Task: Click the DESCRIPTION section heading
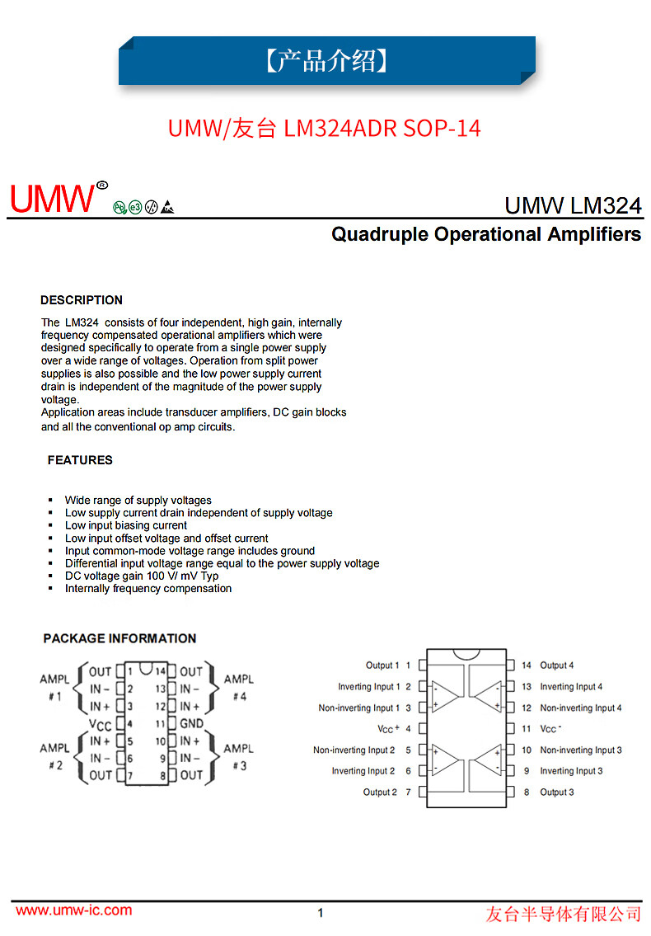[x=82, y=300]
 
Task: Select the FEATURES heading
[x=80, y=460]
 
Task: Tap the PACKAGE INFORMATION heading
[x=119, y=638]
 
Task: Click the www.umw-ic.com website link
[x=74, y=910]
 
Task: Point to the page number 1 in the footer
[x=321, y=912]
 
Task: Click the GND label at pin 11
[x=191, y=723]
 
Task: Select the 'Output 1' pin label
[x=382, y=666]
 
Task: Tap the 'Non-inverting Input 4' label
[x=580, y=708]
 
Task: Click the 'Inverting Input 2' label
[x=363, y=771]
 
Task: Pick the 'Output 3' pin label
[x=556, y=793]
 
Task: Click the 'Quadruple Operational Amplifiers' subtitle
[x=486, y=234]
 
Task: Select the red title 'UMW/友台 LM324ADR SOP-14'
[x=325, y=129]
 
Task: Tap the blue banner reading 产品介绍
[x=327, y=60]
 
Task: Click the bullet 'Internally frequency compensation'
[x=148, y=589]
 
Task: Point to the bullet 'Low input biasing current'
[x=126, y=525]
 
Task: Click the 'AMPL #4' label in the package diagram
[x=239, y=687]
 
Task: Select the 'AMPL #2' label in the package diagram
[x=54, y=756]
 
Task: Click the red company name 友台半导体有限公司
[x=563, y=913]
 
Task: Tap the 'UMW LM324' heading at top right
[x=573, y=205]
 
